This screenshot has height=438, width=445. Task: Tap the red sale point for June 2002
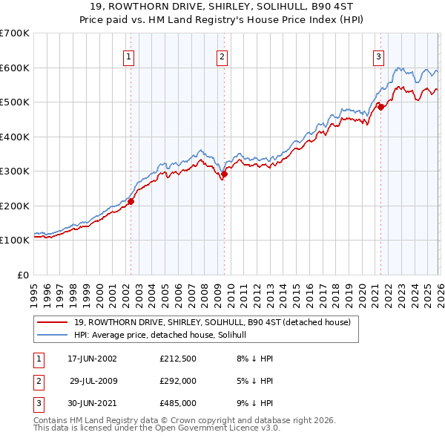131,201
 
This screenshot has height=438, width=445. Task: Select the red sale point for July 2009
224,174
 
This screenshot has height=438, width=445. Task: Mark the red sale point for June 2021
380,108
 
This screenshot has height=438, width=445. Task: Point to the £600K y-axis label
14,68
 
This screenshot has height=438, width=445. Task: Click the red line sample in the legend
51,322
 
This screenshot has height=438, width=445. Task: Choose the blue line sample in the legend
51,335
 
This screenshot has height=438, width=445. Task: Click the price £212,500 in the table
178,359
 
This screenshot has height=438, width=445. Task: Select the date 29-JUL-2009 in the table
93,381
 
